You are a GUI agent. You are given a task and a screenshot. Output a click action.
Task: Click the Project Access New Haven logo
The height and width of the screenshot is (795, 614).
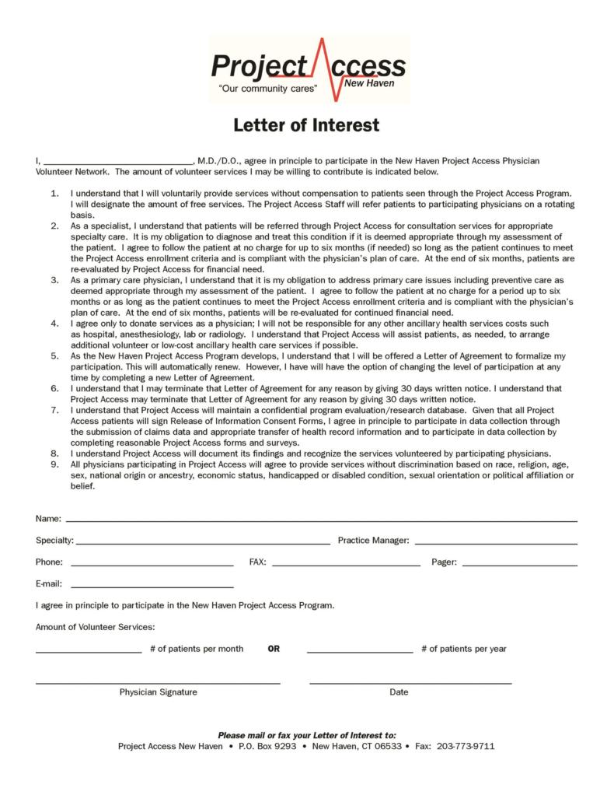308,69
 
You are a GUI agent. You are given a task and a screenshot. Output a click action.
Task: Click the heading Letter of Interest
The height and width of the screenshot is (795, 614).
307,125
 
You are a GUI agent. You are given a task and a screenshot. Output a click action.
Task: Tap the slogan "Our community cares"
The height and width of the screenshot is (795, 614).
269,89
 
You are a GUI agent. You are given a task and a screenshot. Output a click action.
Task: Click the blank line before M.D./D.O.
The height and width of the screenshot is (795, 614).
117,160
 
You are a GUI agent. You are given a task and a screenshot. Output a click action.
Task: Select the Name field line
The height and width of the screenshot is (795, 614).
321,519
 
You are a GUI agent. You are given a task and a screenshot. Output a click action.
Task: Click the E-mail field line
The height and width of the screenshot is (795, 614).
152,584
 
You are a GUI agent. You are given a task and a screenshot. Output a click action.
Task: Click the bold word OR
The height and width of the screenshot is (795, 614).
274,649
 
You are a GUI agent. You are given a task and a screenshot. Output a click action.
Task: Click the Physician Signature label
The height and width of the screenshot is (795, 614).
158,692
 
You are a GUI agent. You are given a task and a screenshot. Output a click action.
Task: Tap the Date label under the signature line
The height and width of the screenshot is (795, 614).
399,692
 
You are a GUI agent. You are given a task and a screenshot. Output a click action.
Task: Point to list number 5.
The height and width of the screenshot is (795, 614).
54,355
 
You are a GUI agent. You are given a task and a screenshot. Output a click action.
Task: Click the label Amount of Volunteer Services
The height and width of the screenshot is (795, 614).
95,627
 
